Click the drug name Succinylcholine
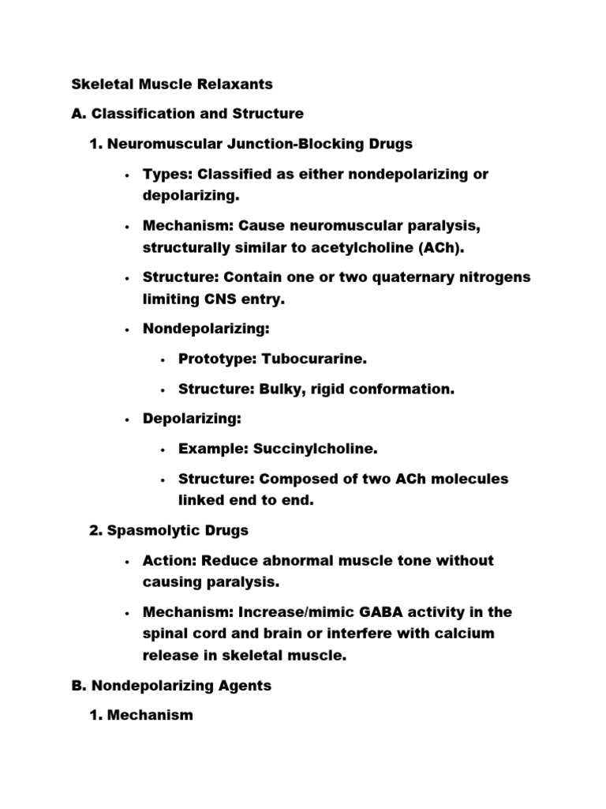(x=315, y=449)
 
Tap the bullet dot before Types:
(x=127, y=175)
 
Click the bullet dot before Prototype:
(x=163, y=359)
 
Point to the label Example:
(x=213, y=449)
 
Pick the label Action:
(x=169, y=560)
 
